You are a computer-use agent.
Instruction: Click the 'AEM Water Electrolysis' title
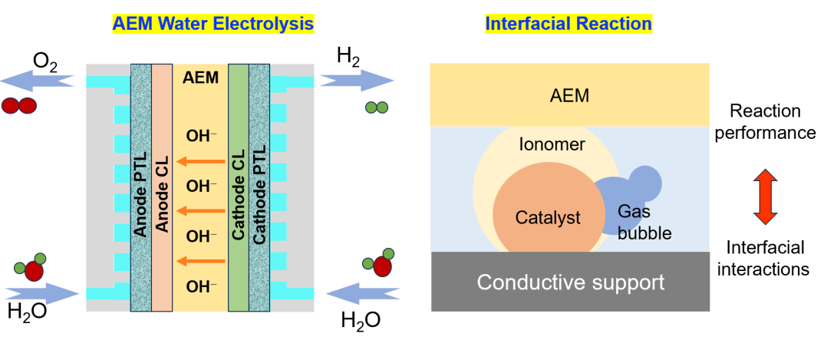(x=213, y=24)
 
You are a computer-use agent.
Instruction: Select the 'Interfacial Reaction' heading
(x=568, y=24)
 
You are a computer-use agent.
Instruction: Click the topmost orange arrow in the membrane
(x=201, y=161)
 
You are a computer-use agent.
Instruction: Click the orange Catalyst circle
(x=537, y=216)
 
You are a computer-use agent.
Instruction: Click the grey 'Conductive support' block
(x=570, y=282)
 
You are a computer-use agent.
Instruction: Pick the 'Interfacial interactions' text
(x=768, y=258)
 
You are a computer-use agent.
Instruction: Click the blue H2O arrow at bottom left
(x=42, y=292)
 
